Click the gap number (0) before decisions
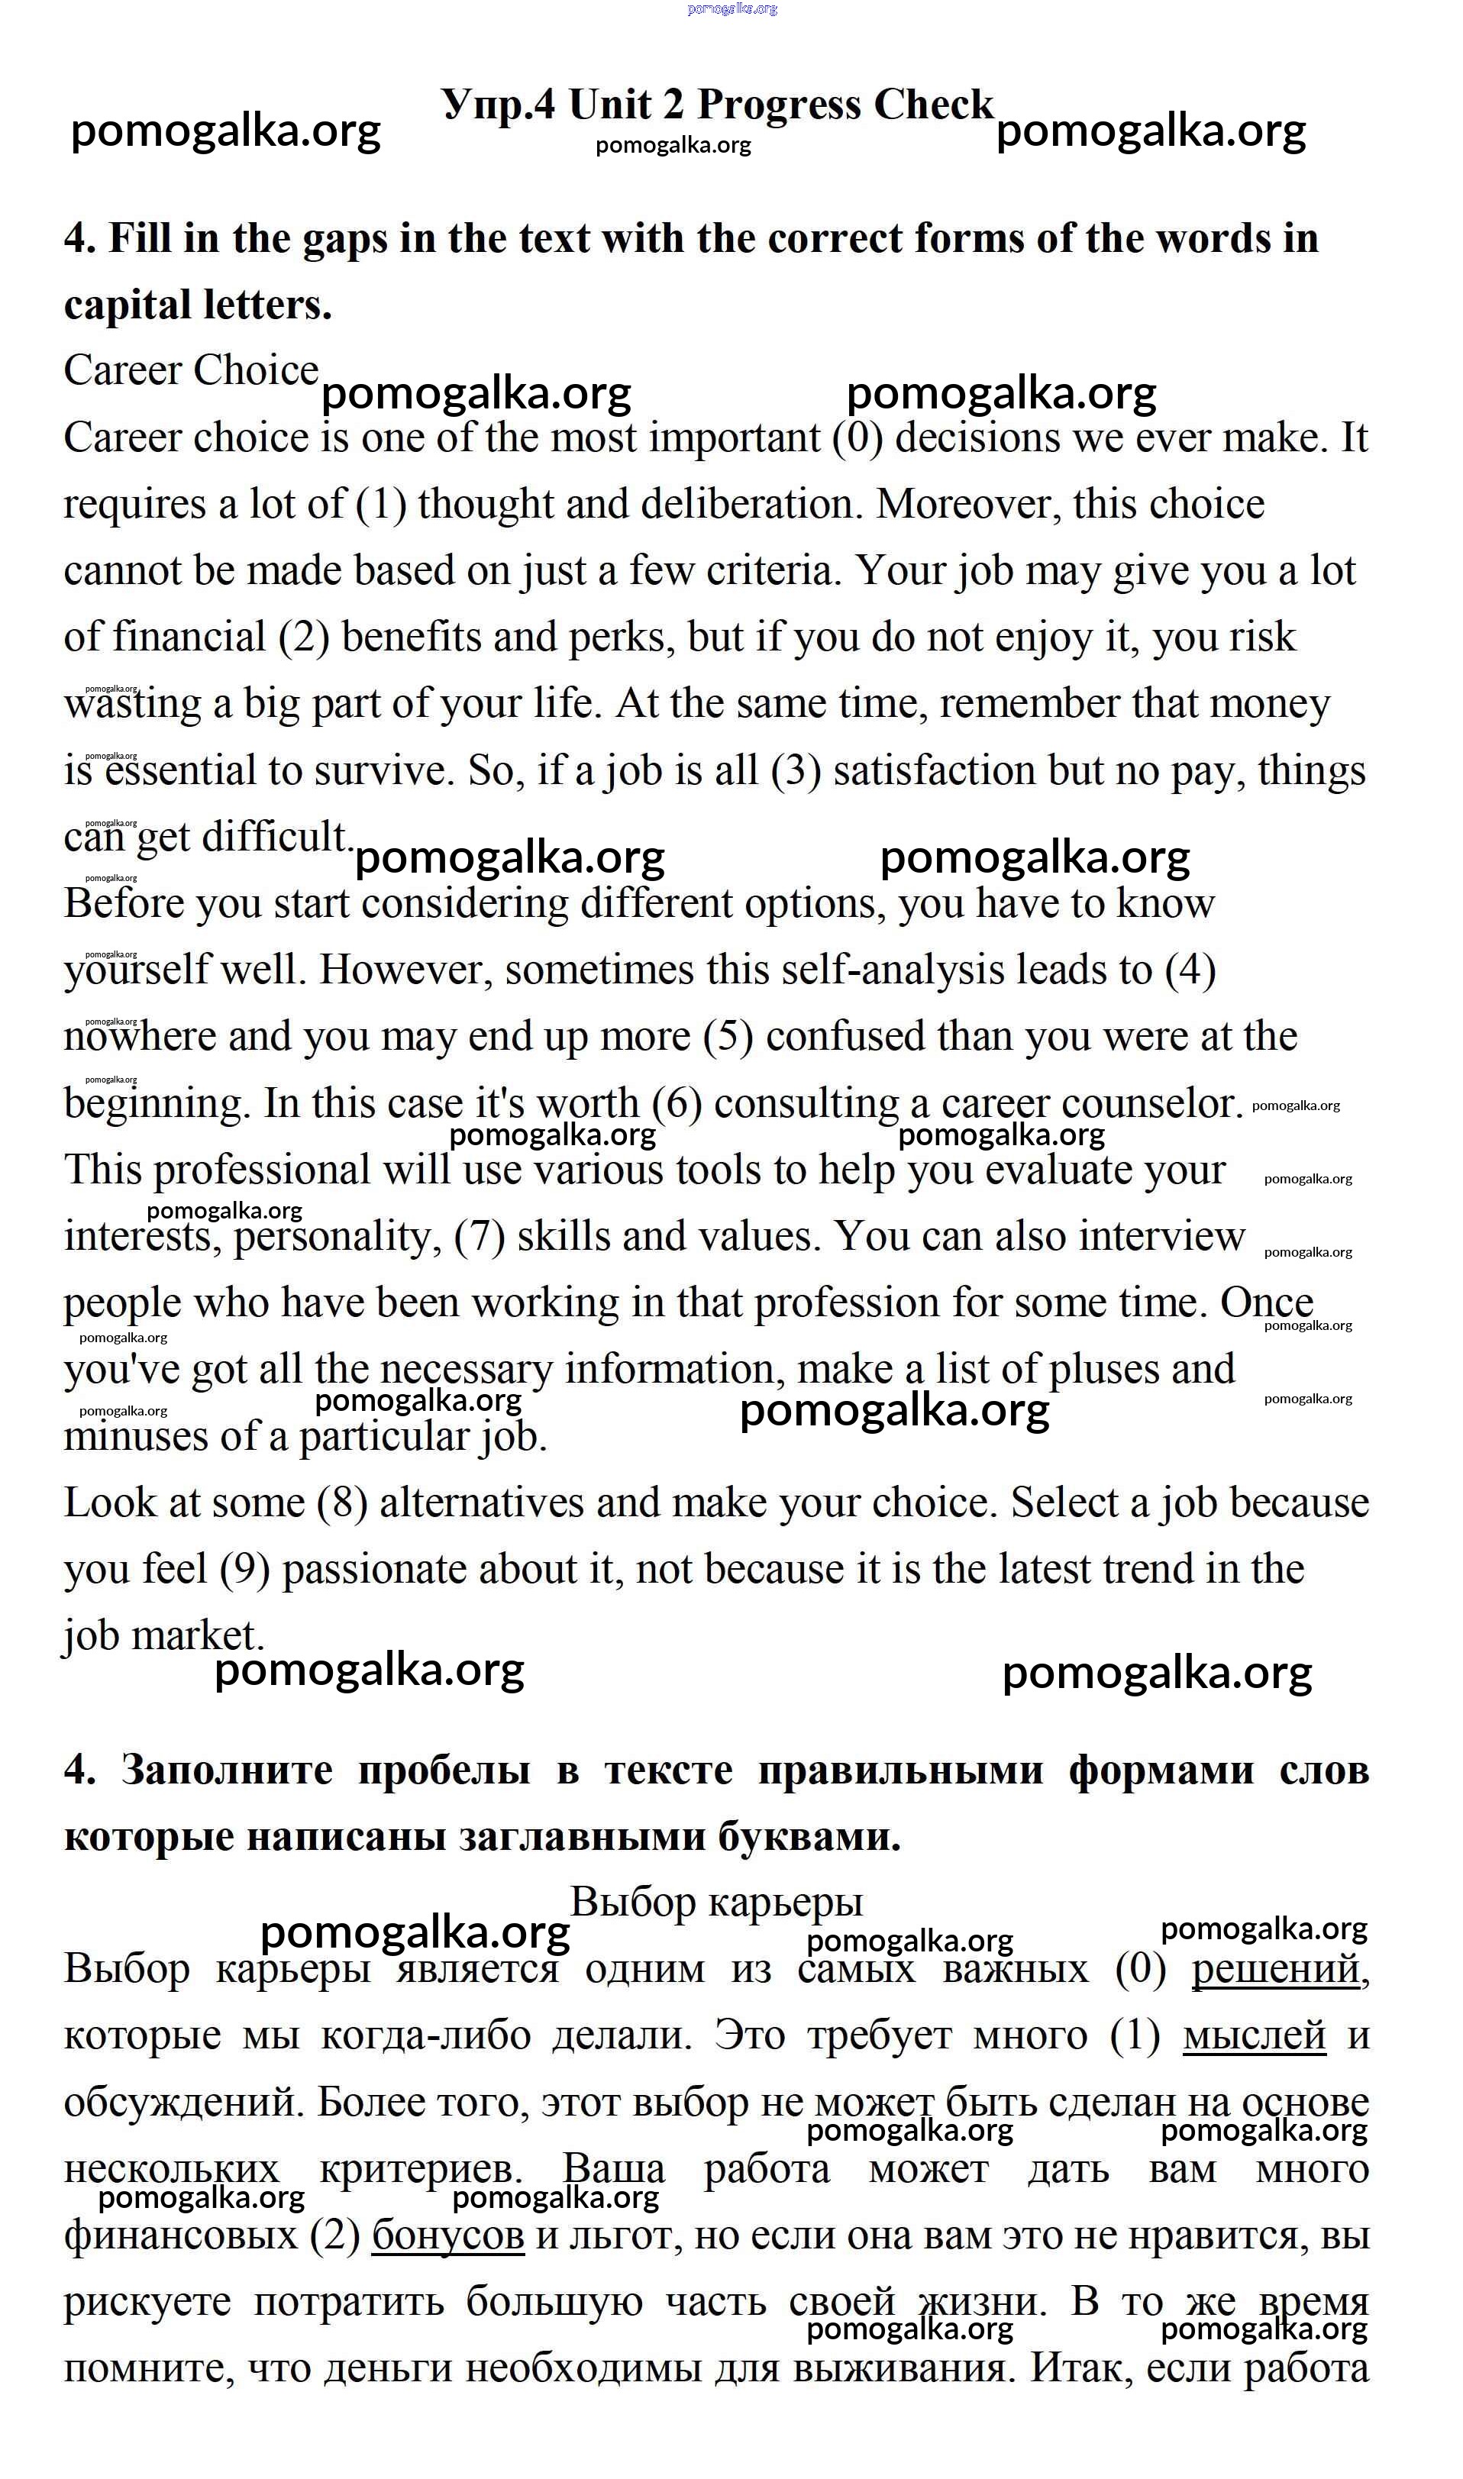coord(857,437)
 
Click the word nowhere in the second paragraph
coord(140,1037)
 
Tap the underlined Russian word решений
coord(1276,1970)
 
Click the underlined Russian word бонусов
coord(447,2235)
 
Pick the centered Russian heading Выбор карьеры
coord(717,1903)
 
